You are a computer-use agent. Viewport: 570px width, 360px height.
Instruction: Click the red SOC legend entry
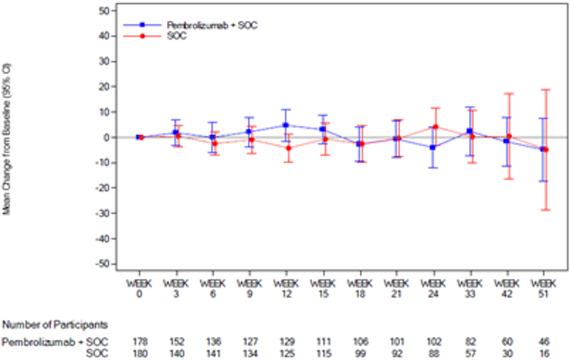tap(176, 35)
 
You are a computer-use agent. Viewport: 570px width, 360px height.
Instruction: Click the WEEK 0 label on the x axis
tap(139, 288)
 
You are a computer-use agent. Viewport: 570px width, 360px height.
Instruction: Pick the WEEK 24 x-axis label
tap(434, 288)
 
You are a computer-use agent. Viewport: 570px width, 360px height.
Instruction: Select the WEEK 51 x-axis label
tap(543, 288)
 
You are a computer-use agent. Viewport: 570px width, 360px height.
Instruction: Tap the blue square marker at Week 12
tap(285, 125)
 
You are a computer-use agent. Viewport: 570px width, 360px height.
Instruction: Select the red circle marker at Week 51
tap(546, 150)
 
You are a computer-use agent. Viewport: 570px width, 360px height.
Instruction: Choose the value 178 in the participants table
tap(139, 341)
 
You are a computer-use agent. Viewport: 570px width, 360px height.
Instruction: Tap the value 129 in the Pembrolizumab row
tap(286, 341)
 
